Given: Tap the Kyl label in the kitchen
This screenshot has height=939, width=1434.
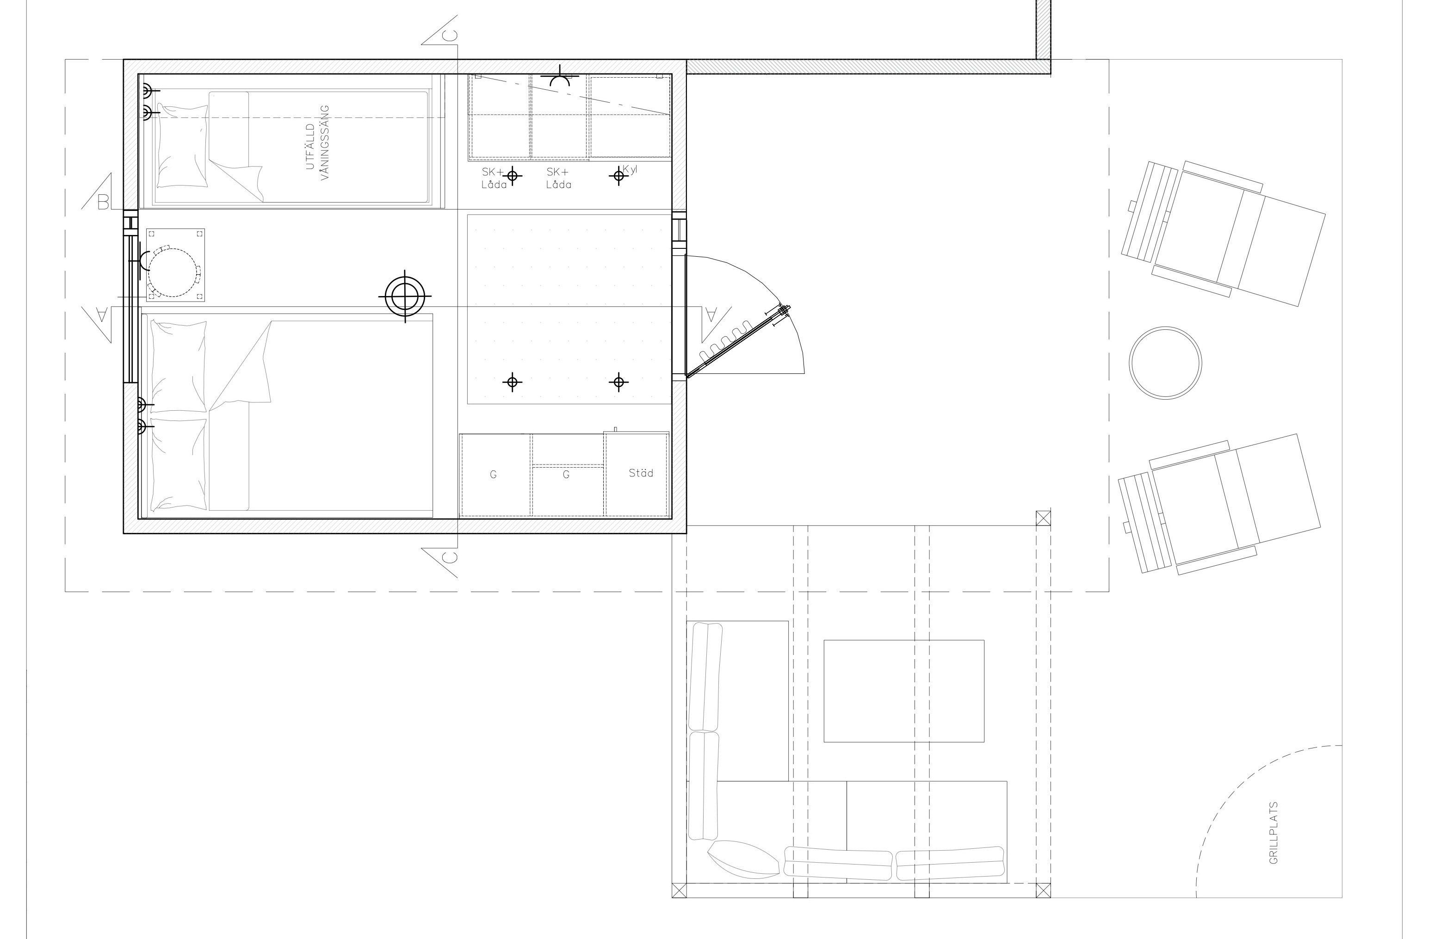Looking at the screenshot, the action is click(x=630, y=170).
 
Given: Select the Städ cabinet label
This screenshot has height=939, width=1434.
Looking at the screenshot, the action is click(x=641, y=473).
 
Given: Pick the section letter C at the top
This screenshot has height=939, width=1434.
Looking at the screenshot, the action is click(x=450, y=36).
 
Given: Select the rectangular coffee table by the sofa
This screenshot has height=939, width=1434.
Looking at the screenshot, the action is click(x=904, y=691).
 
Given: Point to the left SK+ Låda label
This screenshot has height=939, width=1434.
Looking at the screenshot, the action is click(x=494, y=178).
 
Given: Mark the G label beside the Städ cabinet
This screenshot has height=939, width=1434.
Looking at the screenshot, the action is click(x=566, y=475).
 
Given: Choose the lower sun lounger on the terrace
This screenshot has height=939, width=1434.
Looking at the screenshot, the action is click(x=1218, y=504).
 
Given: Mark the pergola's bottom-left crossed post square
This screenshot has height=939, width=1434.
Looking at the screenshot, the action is click(x=679, y=890).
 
